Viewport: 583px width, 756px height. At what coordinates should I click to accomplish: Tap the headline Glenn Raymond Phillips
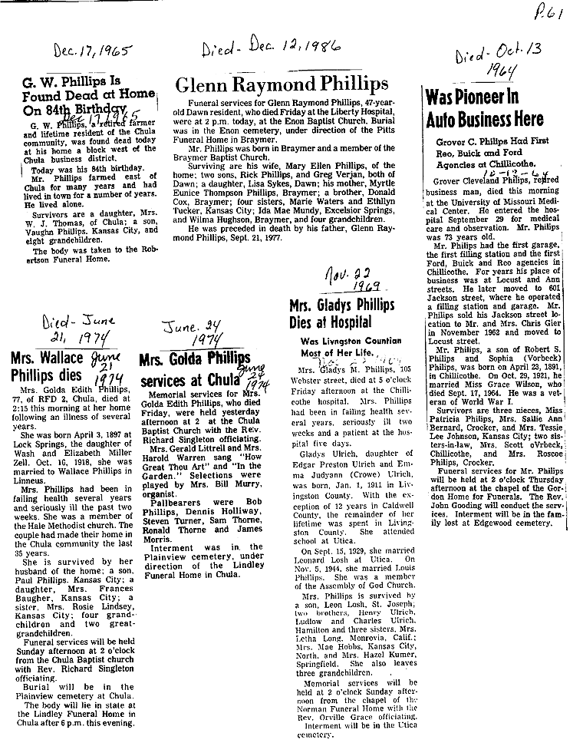click(282, 84)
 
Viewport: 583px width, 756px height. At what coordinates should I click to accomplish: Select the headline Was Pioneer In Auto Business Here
click(484, 108)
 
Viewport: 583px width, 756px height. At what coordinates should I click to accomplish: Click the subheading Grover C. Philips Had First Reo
click(489, 142)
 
